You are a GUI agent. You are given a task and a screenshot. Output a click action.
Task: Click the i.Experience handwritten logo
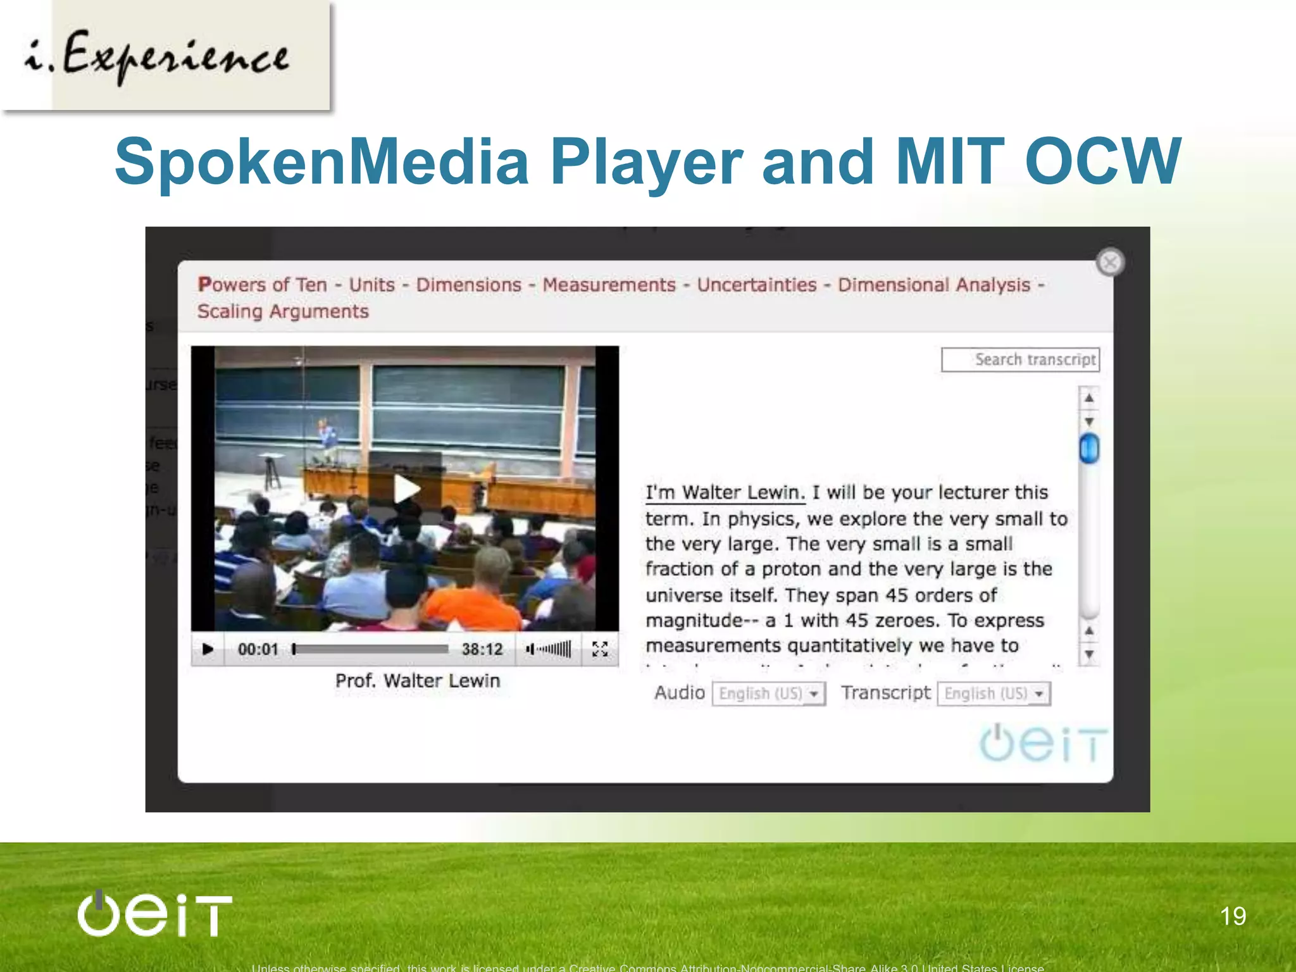click(x=158, y=57)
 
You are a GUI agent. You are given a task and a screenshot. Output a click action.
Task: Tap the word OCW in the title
click(x=1102, y=162)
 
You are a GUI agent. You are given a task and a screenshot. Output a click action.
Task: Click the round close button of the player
click(x=1110, y=262)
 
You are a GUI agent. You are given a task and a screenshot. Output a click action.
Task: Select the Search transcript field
click(x=1020, y=359)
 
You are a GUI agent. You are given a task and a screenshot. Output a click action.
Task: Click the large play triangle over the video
click(x=406, y=489)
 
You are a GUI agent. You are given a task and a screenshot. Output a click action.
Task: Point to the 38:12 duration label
click(x=482, y=649)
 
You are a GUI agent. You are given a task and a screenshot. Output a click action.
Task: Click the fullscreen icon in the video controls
click(x=600, y=649)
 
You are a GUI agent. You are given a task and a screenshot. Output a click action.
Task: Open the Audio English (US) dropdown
click(x=769, y=694)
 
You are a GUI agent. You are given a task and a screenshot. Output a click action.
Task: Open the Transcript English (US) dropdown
click(x=994, y=694)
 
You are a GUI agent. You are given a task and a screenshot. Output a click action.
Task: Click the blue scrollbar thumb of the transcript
click(x=1089, y=448)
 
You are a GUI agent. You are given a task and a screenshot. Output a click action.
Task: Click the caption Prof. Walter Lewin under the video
click(x=418, y=681)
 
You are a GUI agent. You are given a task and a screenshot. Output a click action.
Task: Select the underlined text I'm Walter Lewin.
click(x=725, y=492)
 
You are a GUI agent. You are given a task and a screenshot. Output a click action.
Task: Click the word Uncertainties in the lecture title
click(x=757, y=285)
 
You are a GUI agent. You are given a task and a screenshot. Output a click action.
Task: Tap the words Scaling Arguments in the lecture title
click(x=283, y=311)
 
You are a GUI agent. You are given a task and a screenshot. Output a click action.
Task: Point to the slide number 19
click(x=1233, y=916)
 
